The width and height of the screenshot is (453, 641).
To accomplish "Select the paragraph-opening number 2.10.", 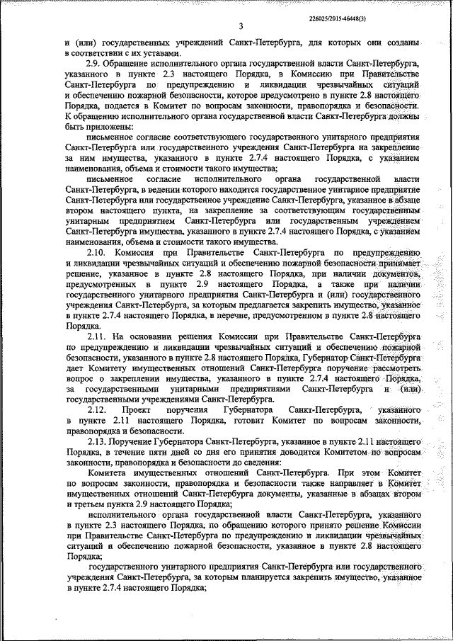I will click(97, 252).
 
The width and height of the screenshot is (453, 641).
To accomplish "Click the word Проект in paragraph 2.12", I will click(135, 411).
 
